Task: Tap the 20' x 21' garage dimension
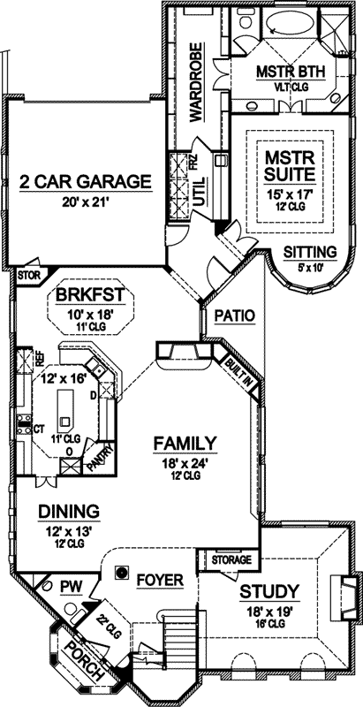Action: pyautogui.click(x=84, y=201)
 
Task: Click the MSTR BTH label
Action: pyautogui.click(x=280, y=71)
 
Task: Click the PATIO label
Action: pyautogui.click(x=234, y=315)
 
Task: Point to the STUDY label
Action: pyautogui.click(x=269, y=591)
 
